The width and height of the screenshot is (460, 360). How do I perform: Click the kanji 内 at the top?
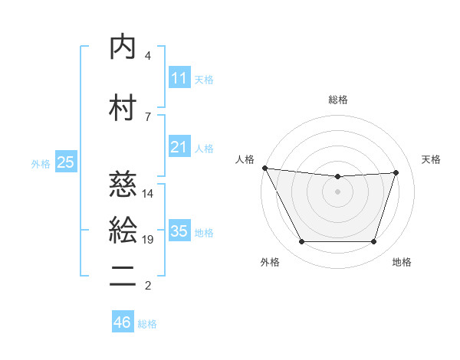(123, 47)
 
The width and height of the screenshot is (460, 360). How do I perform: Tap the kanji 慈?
(123, 185)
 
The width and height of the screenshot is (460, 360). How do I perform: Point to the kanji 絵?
(123, 230)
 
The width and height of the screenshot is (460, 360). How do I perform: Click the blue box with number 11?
(179, 77)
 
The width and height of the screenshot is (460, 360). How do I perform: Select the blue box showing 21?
(179, 146)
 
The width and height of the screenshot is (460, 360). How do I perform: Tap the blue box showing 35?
(179, 231)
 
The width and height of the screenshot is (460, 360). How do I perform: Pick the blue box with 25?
(65, 162)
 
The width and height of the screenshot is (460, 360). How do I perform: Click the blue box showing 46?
(122, 322)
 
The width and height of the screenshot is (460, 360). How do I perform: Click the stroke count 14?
(148, 194)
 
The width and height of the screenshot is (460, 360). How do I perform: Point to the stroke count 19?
(148, 240)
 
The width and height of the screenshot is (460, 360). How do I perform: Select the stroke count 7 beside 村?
(147, 116)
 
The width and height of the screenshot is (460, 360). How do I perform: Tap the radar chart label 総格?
(338, 100)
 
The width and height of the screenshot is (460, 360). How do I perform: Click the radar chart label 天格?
(432, 159)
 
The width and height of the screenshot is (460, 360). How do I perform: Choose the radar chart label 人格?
(245, 159)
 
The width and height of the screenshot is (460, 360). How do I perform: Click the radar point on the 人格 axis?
(264, 168)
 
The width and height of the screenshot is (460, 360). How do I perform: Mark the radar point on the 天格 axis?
(396, 173)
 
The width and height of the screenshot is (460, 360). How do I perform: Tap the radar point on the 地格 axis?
(374, 242)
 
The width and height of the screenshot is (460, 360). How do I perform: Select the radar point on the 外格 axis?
(301, 242)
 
